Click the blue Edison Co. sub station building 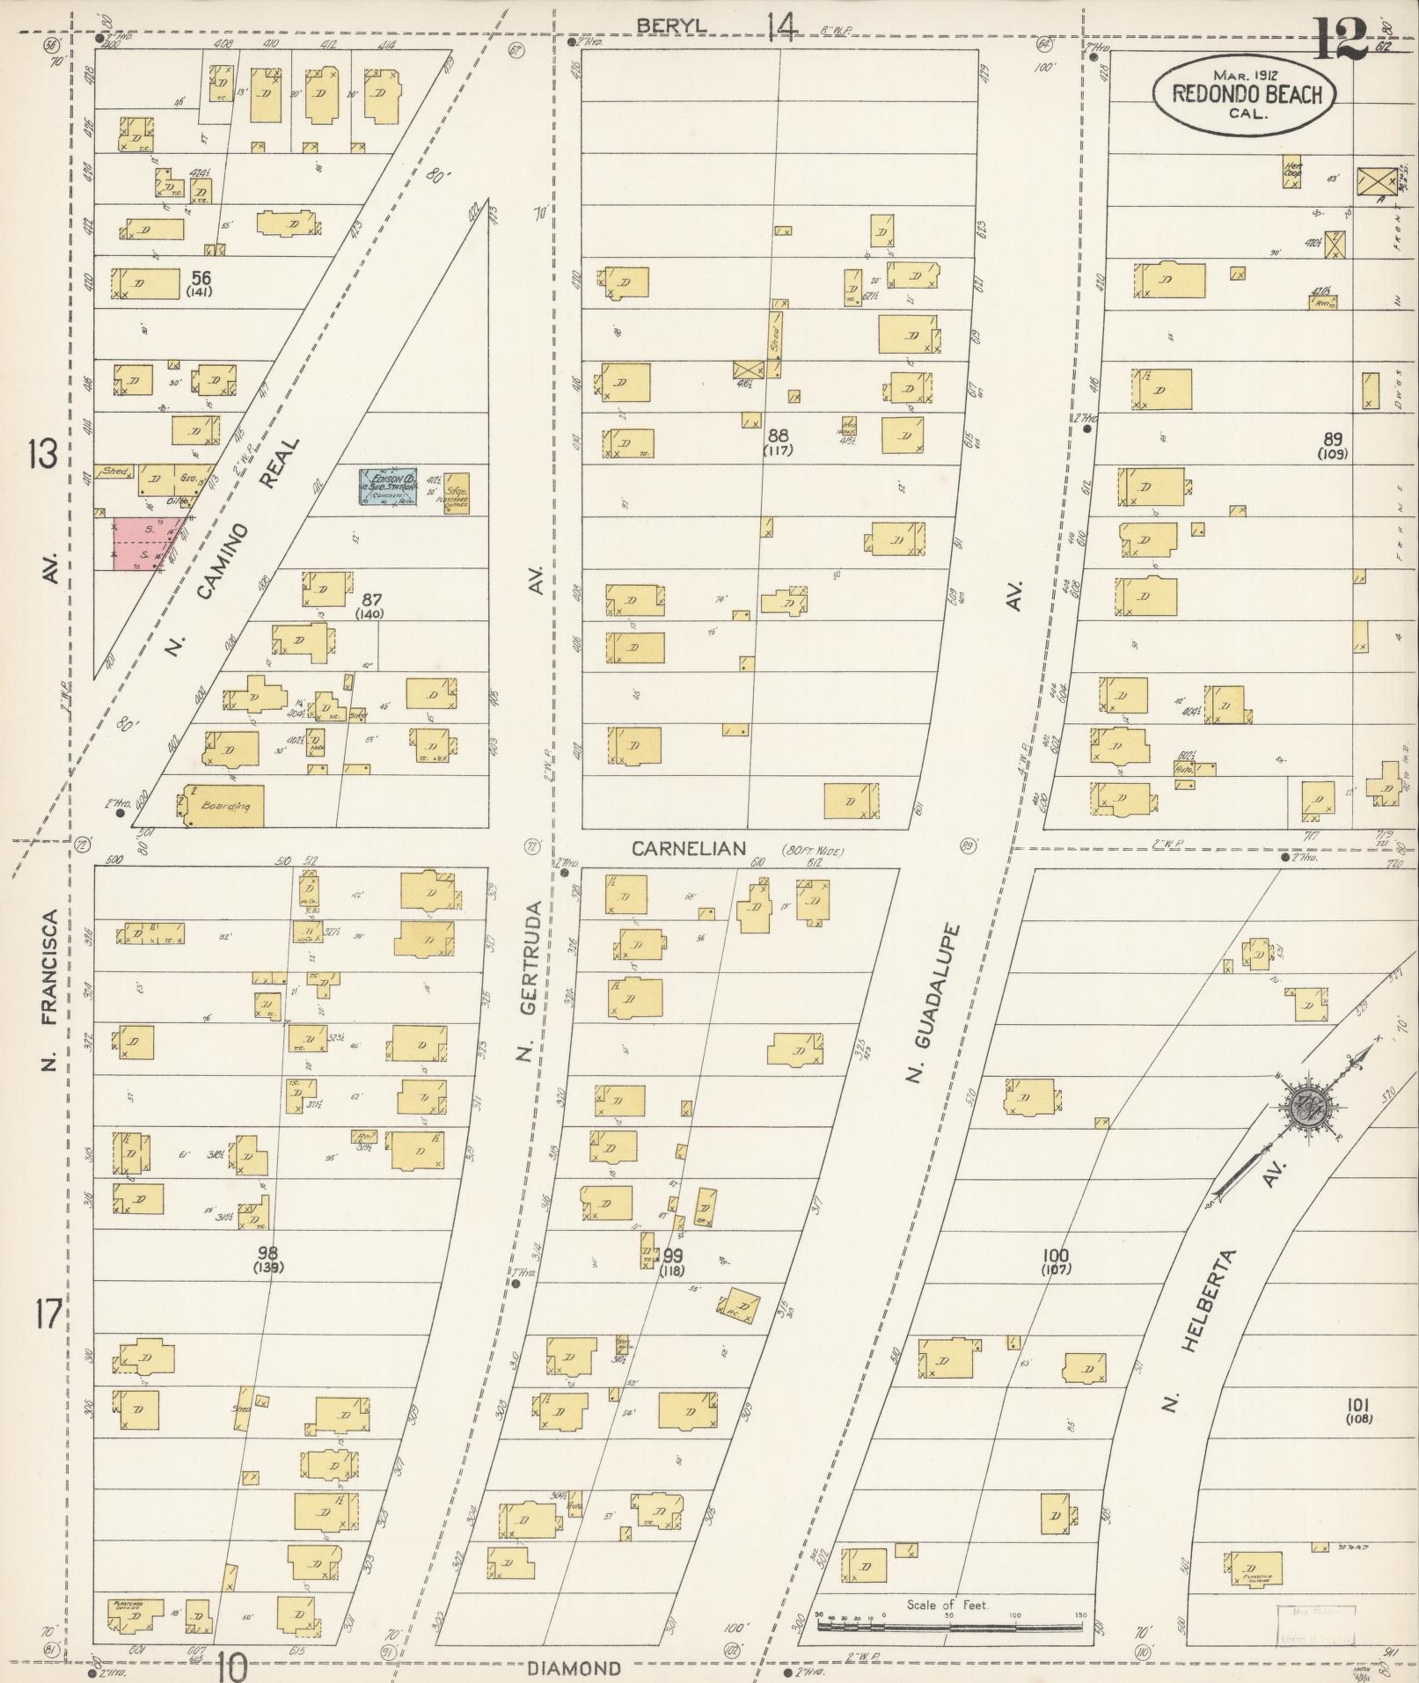click(387, 486)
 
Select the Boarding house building click(223, 806)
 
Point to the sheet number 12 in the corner click(1340, 38)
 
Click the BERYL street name click(671, 26)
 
